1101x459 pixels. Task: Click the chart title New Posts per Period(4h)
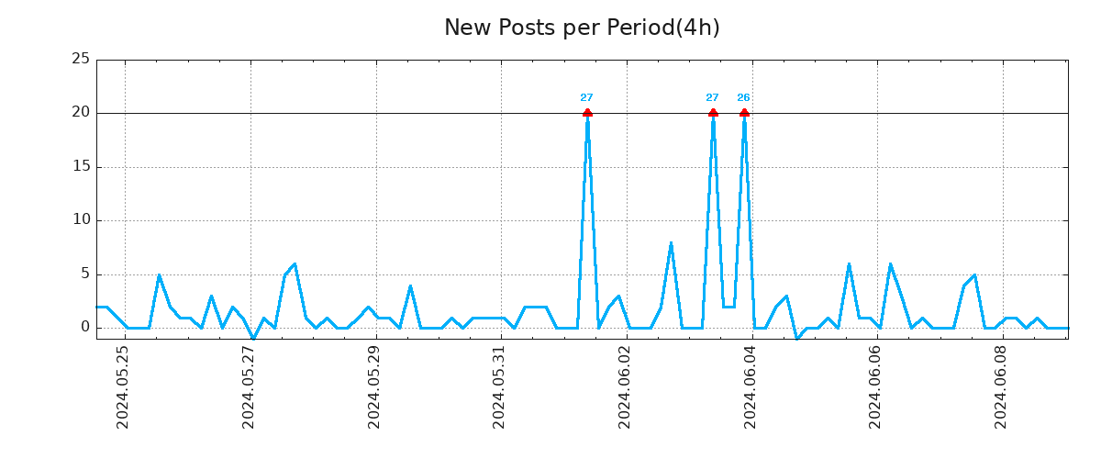tap(582, 28)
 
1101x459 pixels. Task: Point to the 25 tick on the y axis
tap(81, 60)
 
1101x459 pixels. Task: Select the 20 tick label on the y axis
tap(81, 113)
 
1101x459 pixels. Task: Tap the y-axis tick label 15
tap(81, 167)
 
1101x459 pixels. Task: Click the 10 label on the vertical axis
tap(81, 220)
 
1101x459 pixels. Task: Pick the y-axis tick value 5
tap(85, 274)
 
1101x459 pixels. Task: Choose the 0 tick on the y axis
tap(85, 328)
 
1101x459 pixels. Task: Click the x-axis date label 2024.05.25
tap(123, 387)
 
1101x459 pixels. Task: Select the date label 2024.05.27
tap(249, 387)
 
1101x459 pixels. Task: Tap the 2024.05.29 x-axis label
tap(374, 387)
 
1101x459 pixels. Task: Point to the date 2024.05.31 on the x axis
tap(500, 387)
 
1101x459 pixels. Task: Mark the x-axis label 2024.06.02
tap(626, 387)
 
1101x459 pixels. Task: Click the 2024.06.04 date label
tap(751, 387)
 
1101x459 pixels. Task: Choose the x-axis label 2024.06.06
tap(876, 387)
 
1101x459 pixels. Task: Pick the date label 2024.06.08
tap(1002, 387)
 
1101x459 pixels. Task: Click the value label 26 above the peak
tap(743, 98)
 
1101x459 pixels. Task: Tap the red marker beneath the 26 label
tap(744, 113)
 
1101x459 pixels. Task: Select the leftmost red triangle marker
tap(587, 113)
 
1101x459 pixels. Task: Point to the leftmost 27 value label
tap(586, 98)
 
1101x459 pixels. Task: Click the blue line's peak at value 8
tap(671, 242)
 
